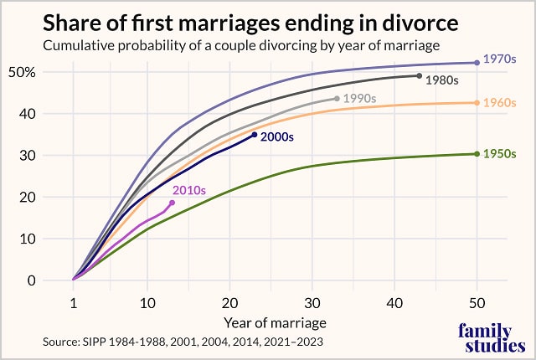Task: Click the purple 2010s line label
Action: pos(189,190)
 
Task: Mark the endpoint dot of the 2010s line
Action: pos(173,203)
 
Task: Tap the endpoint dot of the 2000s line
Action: pos(255,135)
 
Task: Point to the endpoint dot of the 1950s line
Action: pos(477,154)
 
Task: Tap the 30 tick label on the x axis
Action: pos(312,301)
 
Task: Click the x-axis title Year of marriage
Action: pos(275,321)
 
